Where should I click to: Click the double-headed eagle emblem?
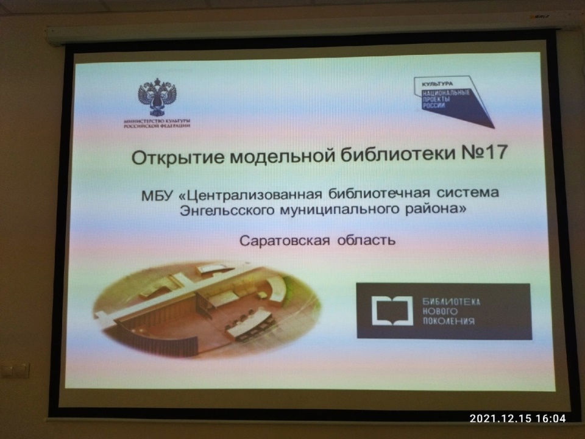point(157,97)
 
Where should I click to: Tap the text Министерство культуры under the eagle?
point(157,121)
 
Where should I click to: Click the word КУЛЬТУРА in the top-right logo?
point(438,84)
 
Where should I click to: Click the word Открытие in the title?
point(178,157)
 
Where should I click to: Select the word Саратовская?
point(285,241)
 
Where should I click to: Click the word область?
point(366,240)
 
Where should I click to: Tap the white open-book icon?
point(392,310)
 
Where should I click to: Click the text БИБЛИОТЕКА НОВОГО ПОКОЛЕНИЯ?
point(451,312)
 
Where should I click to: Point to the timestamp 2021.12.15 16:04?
point(517,418)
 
